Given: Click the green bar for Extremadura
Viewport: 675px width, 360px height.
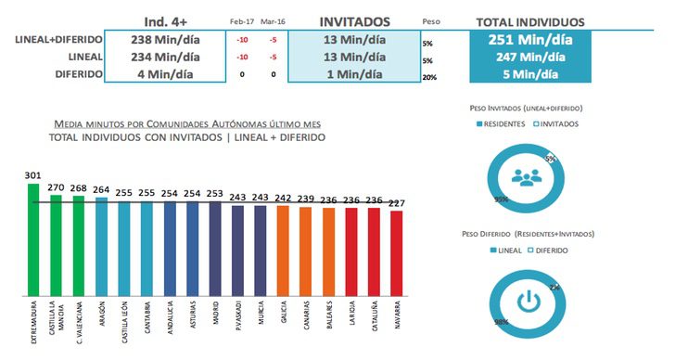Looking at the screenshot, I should [x=33, y=238].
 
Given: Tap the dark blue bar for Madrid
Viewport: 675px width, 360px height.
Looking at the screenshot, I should [x=215, y=247].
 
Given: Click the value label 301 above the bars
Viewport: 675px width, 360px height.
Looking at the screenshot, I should [x=33, y=175].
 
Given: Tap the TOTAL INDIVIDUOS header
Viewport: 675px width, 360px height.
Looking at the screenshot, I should [x=529, y=20].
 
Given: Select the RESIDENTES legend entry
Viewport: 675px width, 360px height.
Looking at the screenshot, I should [x=504, y=123].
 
